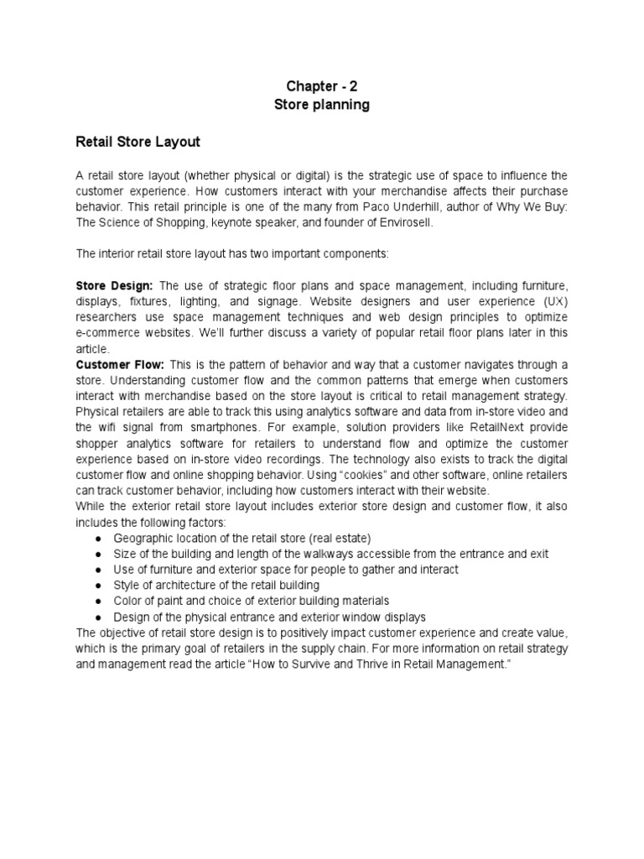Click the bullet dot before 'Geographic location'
click(x=98, y=538)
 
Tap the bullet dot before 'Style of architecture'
click(x=98, y=585)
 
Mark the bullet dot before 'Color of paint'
click(x=98, y=601)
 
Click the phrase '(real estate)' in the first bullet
click(x=338, y=538)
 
